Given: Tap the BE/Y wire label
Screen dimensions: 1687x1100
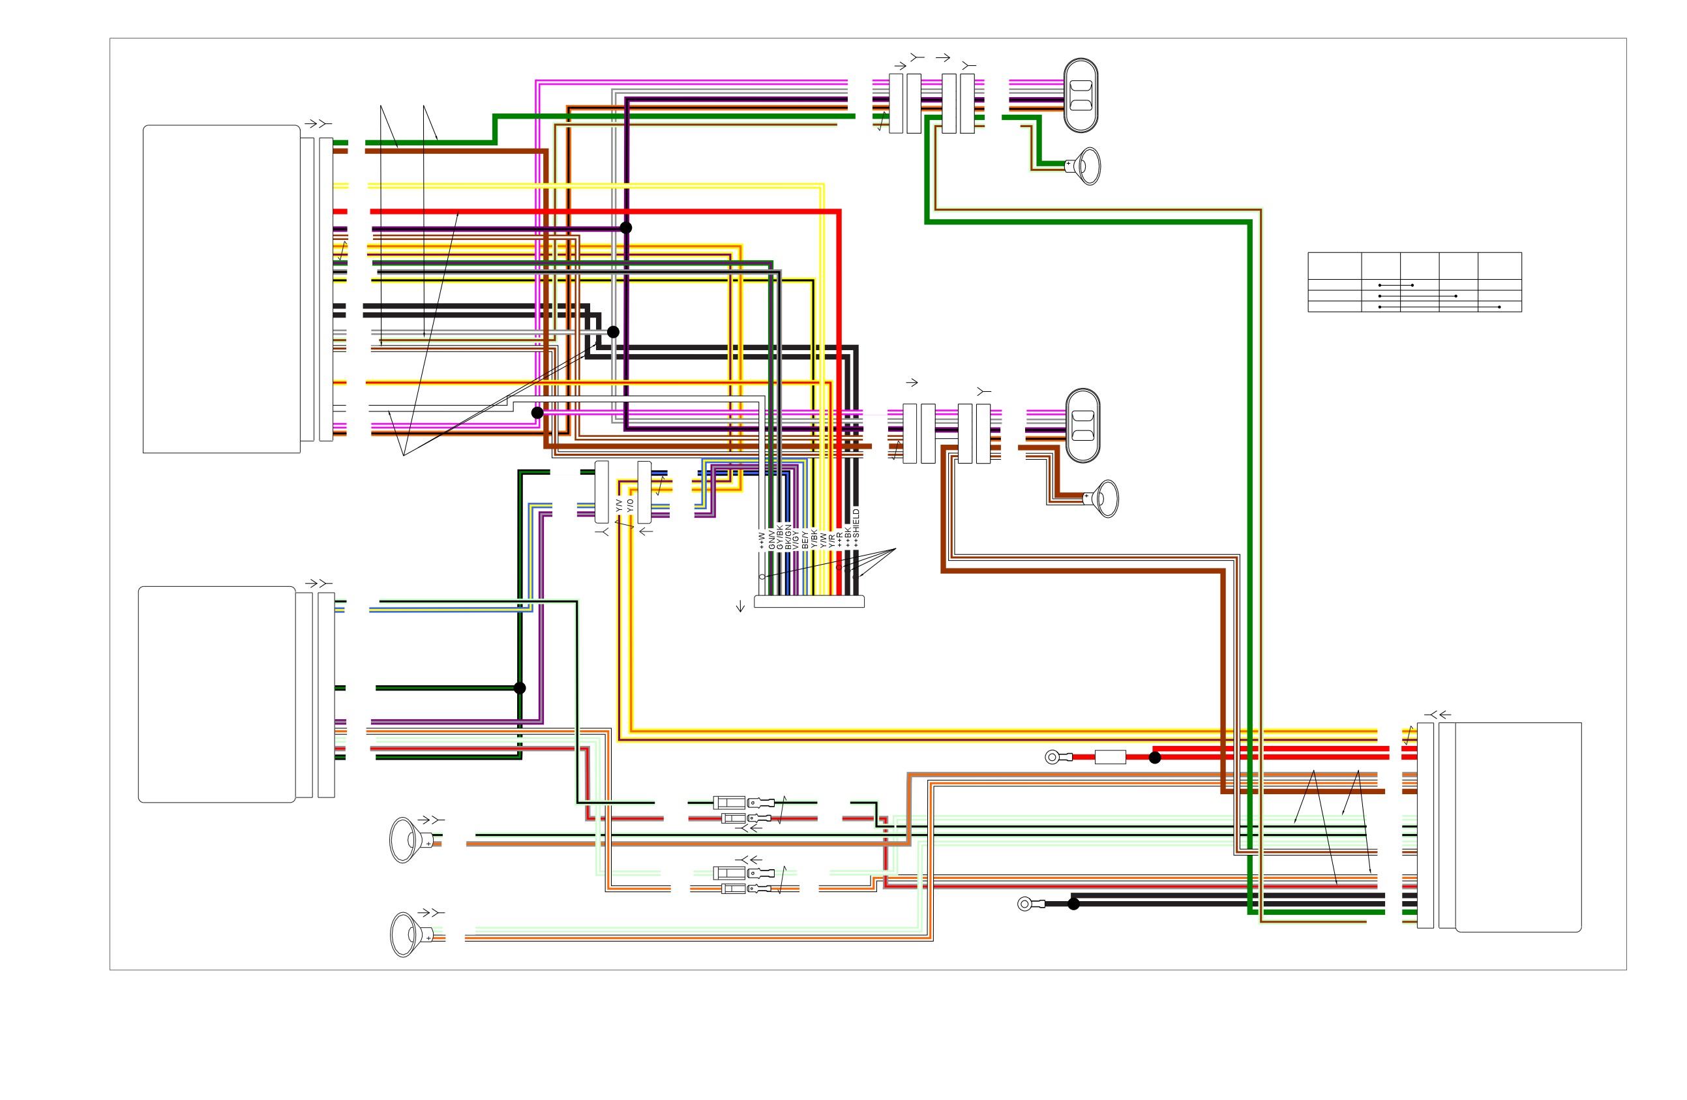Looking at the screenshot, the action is click(805, 540).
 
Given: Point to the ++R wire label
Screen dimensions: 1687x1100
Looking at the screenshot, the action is click(839, 540).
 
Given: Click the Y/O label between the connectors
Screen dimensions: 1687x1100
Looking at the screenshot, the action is click(630, 506).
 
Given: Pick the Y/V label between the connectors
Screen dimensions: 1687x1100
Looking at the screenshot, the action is click(620, 506).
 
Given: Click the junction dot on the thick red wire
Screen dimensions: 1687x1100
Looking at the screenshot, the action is click(1155, 758).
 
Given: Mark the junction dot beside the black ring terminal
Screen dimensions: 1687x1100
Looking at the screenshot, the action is click(1074, 904).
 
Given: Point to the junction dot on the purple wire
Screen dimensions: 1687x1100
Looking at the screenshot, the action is click(626, 228).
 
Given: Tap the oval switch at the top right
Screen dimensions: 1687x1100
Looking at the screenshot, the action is click(1081, 95).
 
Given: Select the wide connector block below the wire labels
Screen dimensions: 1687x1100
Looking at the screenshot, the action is click(809, 602).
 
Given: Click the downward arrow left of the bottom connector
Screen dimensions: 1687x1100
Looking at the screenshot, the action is click(741, 606).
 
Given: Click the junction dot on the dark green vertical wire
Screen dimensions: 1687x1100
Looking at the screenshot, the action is click(520, 688).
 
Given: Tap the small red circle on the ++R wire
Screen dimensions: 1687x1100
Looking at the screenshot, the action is click(839, 567).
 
